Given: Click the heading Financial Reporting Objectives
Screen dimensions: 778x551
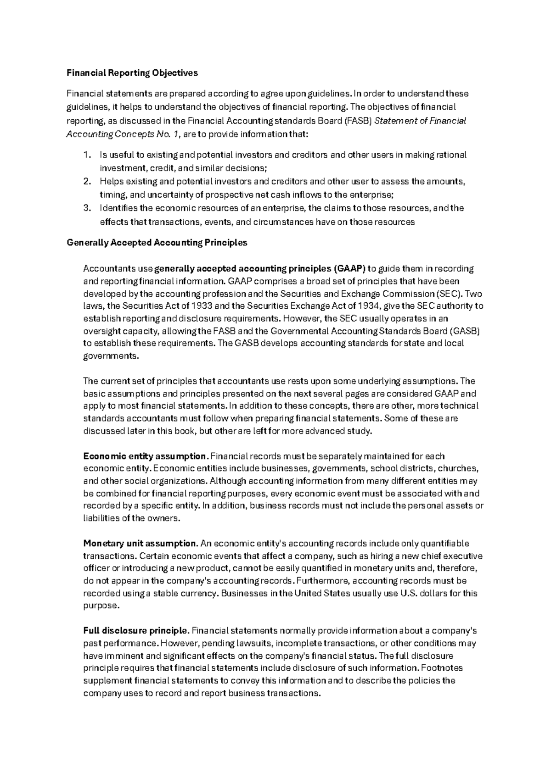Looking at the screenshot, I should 132,73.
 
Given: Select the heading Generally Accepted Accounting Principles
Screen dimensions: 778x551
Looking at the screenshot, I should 157,243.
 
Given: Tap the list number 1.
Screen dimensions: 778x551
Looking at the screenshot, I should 87,155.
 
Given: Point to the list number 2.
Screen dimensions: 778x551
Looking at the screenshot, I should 87,182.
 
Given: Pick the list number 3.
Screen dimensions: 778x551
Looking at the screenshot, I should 87,208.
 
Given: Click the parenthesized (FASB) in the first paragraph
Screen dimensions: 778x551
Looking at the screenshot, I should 358,121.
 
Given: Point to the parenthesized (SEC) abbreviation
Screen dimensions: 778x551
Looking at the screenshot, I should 448,294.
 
